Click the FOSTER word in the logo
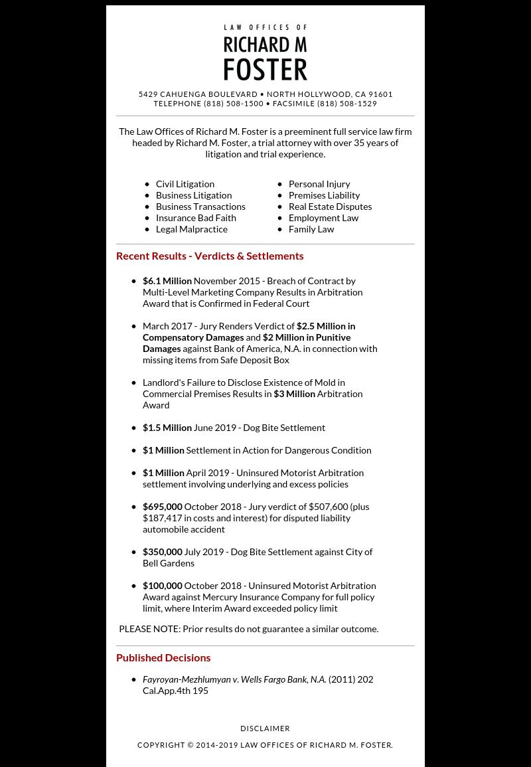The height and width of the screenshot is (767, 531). click(265, 69)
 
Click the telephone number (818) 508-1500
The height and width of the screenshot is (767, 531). click(234, 104)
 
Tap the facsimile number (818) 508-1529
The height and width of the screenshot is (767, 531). click(347, 104)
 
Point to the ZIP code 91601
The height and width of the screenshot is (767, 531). click(381, 94)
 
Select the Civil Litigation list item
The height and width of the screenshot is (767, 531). click(185, 184)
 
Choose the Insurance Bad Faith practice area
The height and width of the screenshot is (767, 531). click(196, 218)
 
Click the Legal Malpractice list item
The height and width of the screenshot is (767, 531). click(192, 229)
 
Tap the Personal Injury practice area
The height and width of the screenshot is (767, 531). click(319, 184)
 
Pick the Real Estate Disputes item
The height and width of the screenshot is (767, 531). click(330, 207)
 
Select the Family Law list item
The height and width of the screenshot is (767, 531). click(311, 229)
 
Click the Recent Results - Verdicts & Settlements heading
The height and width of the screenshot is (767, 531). click(210, 256)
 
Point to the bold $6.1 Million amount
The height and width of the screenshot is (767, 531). click(167, 281)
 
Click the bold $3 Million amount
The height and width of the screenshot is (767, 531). click(294, 394)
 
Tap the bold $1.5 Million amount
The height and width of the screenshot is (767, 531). click(167, 428)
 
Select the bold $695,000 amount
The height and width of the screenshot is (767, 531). click(163, 507)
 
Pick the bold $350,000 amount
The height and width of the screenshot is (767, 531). click(163, 552)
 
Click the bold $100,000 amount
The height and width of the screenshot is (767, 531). click(163, 586)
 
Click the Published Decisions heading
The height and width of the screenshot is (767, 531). click(163, 657)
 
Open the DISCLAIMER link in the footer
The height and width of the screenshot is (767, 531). click(265, 728)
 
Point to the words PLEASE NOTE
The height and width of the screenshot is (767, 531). click(149, 629)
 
